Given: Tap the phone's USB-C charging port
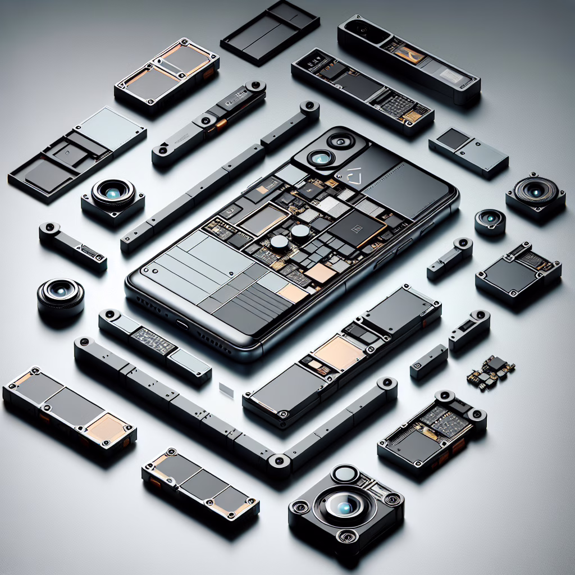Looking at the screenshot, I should (x=181, y=324).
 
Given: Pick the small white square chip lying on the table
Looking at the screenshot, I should (x=226, y=389).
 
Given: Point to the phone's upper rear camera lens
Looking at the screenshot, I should (x=339, y=140).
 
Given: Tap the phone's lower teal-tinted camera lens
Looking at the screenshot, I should (x=321, y=159).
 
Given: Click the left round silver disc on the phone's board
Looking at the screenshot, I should (x=279, y=241).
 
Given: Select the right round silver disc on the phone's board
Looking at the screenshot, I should (x=300, y=231).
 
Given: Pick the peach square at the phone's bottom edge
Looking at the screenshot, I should (x=292, y=293).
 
